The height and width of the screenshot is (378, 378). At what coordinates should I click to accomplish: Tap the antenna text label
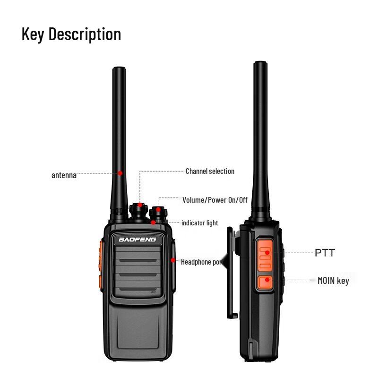pyautogui.click(x=64, y=175)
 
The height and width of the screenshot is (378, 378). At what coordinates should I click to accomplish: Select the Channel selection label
pyautogui.click(x=210, y=171)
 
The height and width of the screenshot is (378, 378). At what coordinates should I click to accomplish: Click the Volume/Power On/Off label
pyautogui.click(x=215, y=200)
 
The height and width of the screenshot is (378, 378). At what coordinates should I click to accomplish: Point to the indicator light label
pyautogui.click(x=199, y=223)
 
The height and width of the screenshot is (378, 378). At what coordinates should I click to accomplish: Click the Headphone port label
pyautogui.click(x=201, y=261)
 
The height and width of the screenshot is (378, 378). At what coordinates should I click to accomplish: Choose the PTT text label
pyautogui.click(x=325, y=253)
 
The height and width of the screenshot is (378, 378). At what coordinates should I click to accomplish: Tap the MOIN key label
pyautogui.click(x=333, y=281)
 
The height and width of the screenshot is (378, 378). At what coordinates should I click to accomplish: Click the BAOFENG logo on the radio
pyautogui.click(x=137, y=240)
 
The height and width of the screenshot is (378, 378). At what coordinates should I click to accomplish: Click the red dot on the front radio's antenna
pyautogui.click(x=120, y=173)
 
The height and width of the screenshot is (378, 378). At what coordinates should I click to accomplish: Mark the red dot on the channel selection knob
pyautogui.click(x=140, y=205)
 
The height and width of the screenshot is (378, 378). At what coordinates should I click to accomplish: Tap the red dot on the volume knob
pyautogui.click(x=158, y=209)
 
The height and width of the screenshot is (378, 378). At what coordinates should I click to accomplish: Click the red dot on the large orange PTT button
pyautogui.click(x=267, y=253)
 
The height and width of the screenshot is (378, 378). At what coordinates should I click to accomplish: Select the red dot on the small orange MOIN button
pyautogui.click(x=267, y=280)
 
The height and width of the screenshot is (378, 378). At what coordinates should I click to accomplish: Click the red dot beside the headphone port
pyautogui.click(x=173, y=260)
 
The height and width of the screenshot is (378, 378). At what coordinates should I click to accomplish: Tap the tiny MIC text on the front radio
pyautogui.click(x=153, y=292)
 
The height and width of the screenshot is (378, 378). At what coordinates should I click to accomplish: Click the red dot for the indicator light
pyautogui.click(x=154, y=222)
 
